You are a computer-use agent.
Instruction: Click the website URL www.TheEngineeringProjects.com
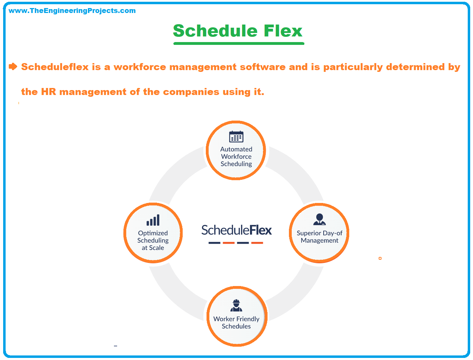pyautogui.click(x=72, y=11)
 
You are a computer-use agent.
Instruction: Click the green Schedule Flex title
pyautogui.click(x=237, y=30)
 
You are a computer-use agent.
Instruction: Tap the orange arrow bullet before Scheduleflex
pyautogui.click(x=13, y=67)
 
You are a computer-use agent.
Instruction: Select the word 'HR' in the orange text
pyautogui.click(x=48, y=92)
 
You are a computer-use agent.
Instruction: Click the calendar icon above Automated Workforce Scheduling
pyautogui.click(x=236, y=137)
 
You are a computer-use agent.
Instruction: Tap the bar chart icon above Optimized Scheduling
pyautogui.click(x=153, y=220)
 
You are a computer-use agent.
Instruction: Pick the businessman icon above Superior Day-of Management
pyautogui.click(x=319, y=219)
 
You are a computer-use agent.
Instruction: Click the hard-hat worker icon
pyautogui.click(x=236, y=305)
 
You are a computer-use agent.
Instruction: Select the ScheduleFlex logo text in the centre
pyautogui.click(x=236, y=230)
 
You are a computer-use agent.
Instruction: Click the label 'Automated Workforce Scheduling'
pyautogui.click(x=236, y=157)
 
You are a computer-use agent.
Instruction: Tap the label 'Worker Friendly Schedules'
pyautogui.click(x=236, y=322)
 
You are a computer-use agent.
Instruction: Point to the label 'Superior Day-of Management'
pyautogui.click(x=319, y=237)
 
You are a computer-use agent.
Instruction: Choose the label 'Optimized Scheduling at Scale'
pyautogui.click(x=153, y=240)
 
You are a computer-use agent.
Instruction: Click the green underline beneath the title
pyautogui.click(x=238, y=43)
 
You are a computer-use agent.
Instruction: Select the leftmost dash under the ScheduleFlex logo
pyautogui.click(x=214, y=243)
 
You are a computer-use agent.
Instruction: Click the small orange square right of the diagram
pyautogui.click(x=380, y=258)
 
